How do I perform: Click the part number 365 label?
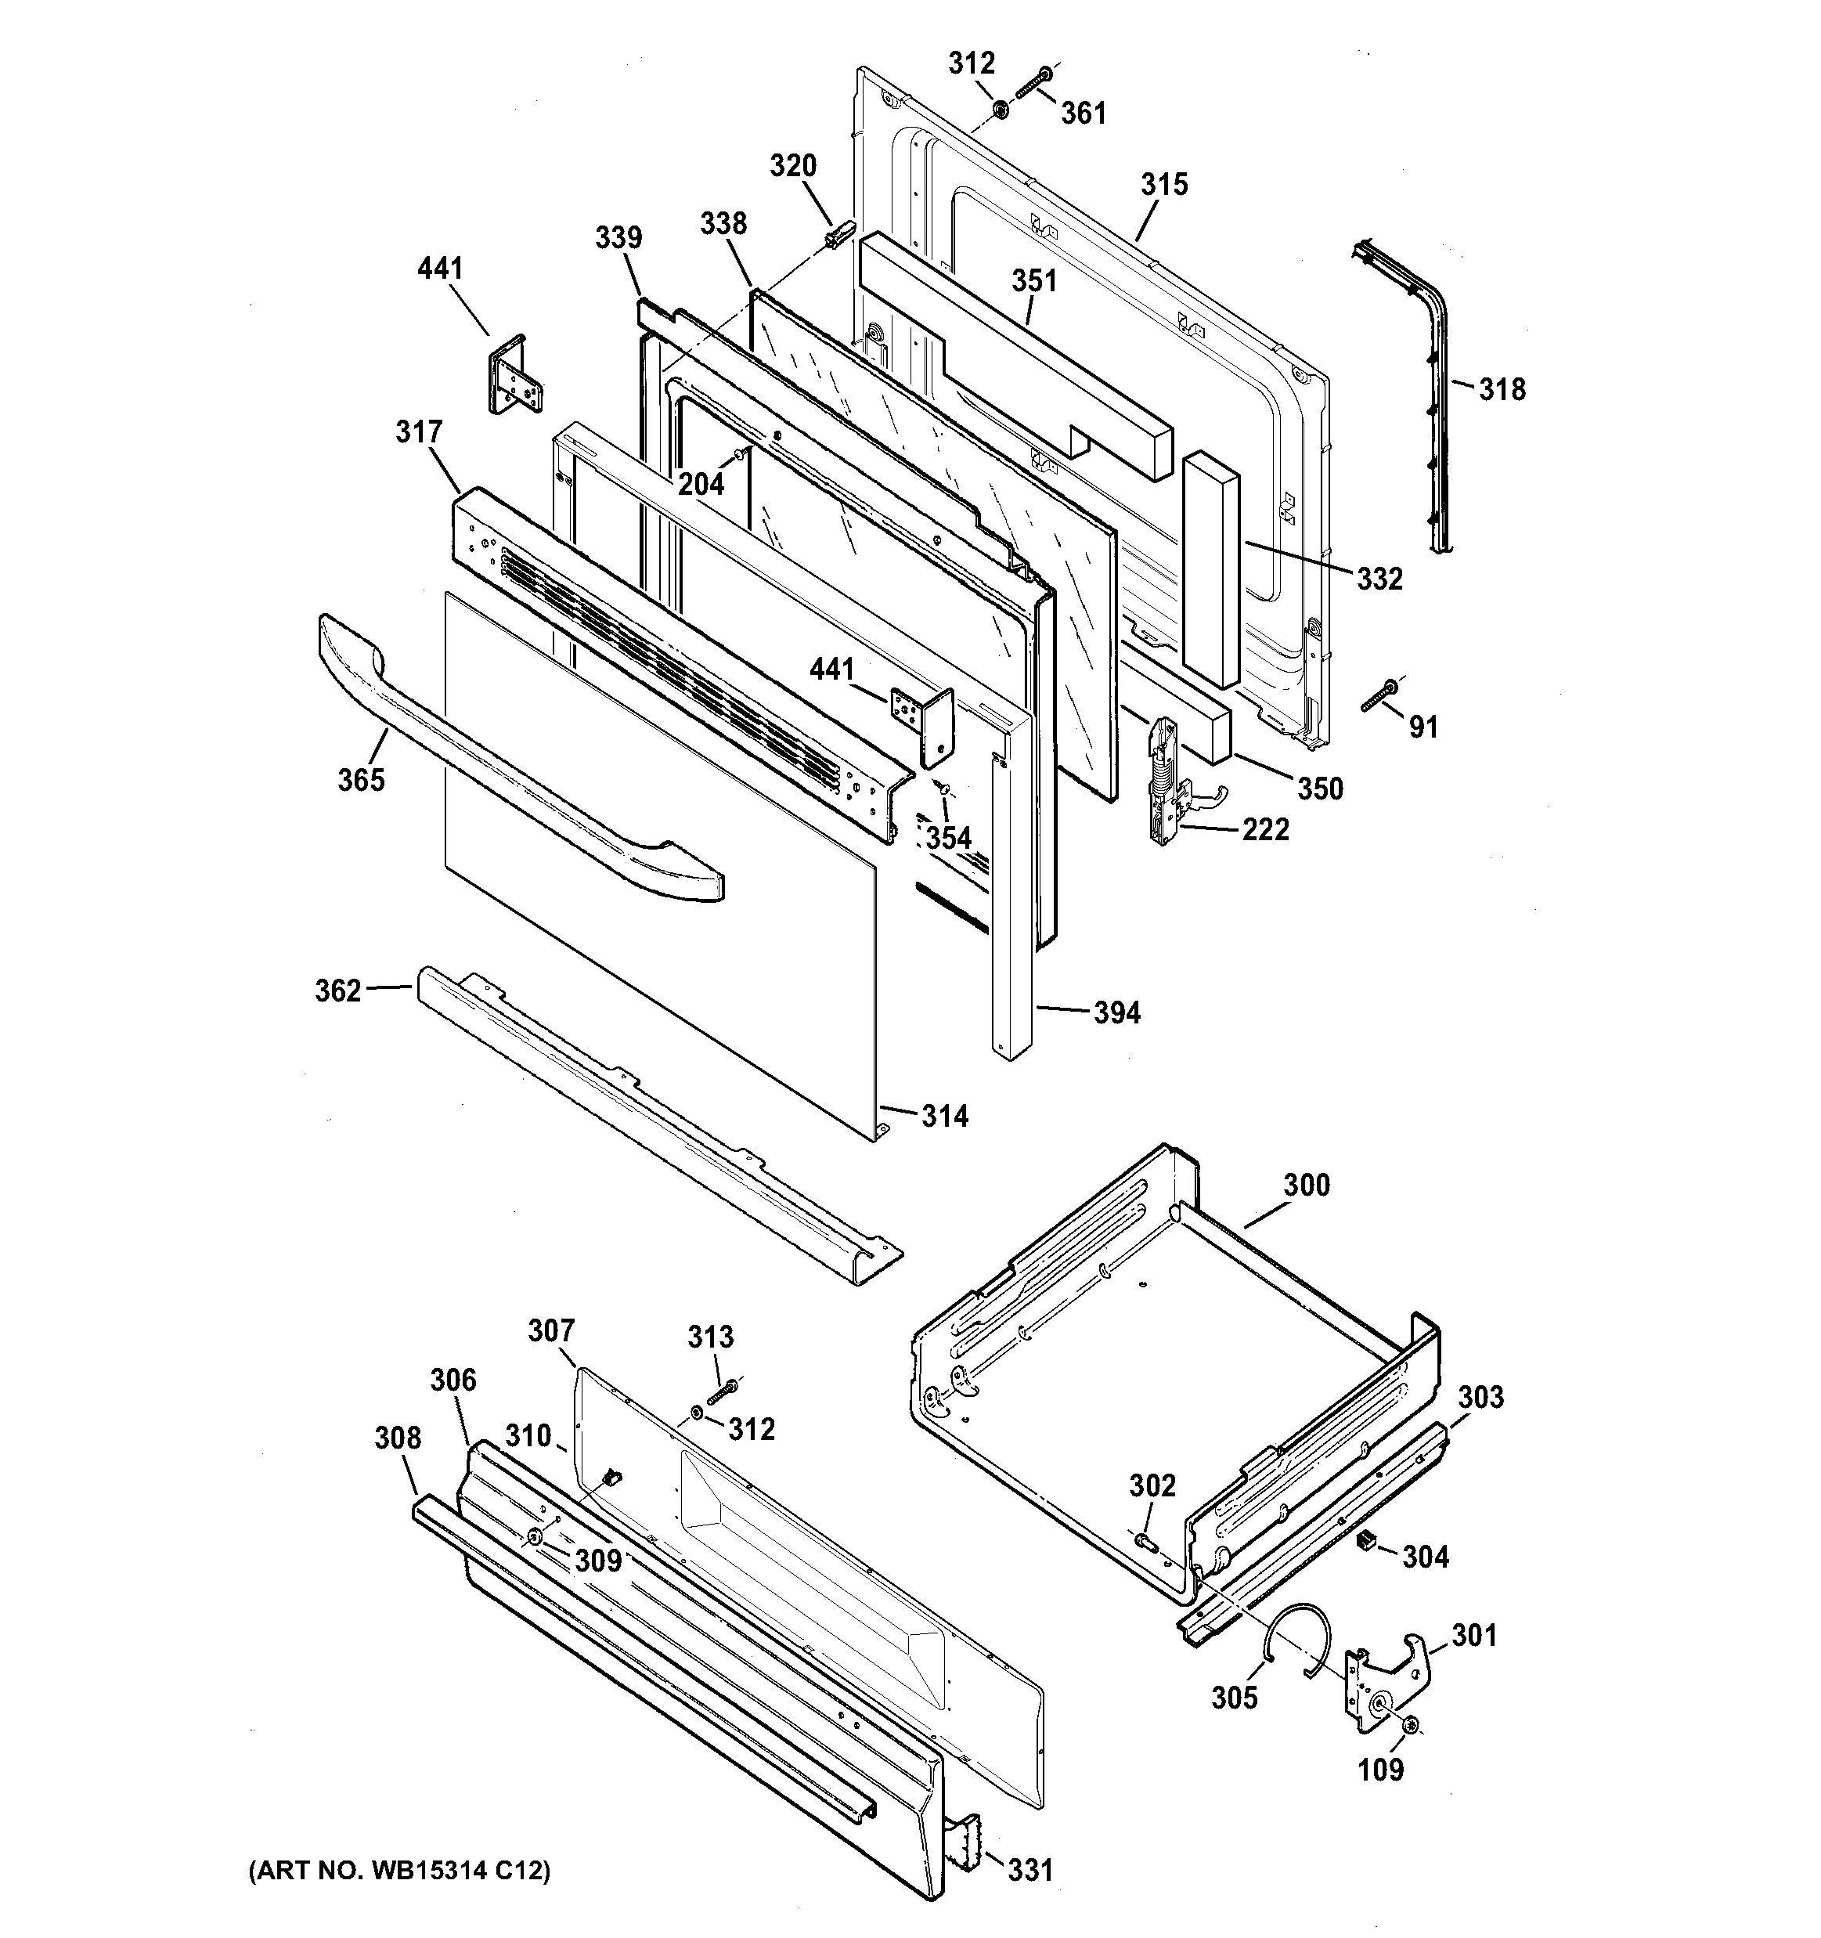[361, 779]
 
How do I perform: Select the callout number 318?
[1502, 389]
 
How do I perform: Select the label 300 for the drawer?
[1307, 1185]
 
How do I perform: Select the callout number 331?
[1030, 1869]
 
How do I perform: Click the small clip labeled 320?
[838, 234]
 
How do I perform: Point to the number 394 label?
[1116, 1013]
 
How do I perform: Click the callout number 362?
[337, 991]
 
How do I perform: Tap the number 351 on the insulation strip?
[1033, 281]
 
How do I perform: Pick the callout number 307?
[551, 1330]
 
